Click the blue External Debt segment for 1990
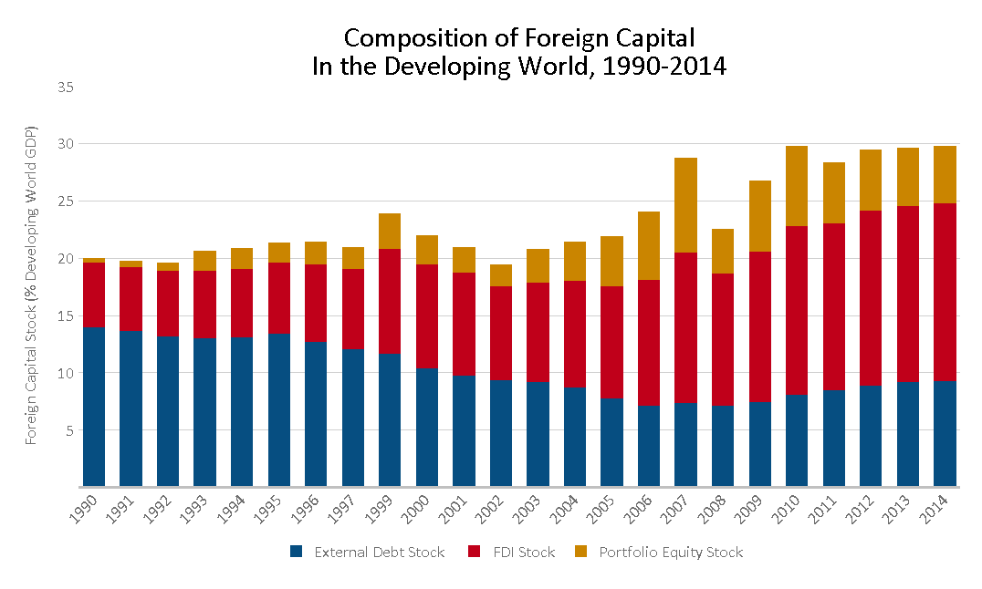click(x=94, y=407)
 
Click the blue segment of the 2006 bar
click(x=649, y=446)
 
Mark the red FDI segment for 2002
click(x=501, y=333)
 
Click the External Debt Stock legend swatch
click(x=297, y=552)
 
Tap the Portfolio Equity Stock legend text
click(x=671, y=552)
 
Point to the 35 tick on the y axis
click(x=66, y=87)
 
